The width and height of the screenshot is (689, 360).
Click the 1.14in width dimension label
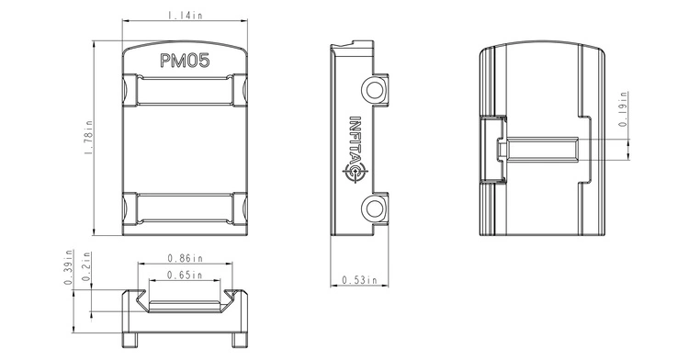click(185, 16)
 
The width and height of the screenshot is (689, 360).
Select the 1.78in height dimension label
click(88, 137)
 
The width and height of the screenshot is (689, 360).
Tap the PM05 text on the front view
click(185, 61)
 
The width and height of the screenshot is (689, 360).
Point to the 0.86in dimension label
click(186, 258)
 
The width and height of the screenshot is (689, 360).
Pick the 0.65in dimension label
click(185, 276)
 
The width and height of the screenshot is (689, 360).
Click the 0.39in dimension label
click(68, 267)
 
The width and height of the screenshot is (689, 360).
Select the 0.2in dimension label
click(86, 266)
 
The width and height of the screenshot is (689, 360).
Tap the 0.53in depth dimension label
click(359, 280)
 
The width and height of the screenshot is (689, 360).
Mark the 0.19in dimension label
click(623, 109)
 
